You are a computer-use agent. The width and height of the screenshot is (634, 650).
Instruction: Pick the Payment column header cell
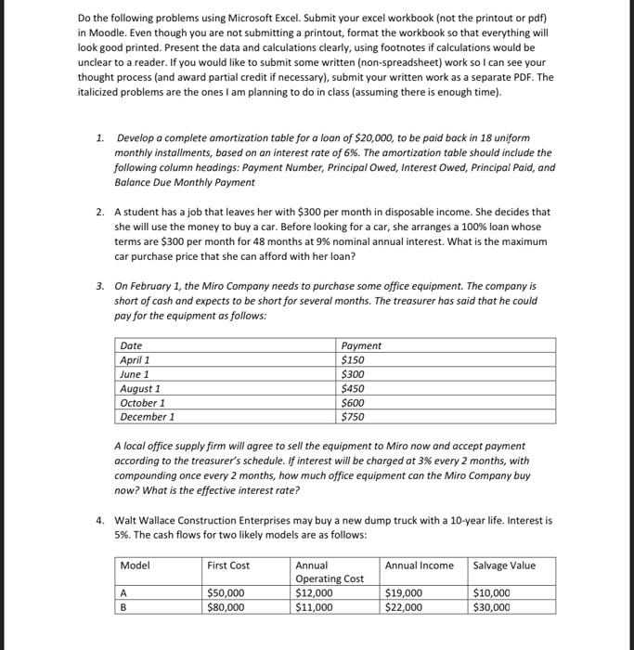click(x=361, y=345)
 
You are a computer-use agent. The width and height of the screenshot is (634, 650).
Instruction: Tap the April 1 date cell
click(x=136, y=359)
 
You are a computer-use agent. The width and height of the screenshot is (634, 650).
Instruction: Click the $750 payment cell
click(x=353, y=417)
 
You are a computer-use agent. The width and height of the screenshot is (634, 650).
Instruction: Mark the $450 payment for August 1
click(x=353, y=388)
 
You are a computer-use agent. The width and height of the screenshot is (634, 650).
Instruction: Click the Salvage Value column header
click(x=505, y=565)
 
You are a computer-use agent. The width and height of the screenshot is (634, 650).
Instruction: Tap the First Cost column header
click(x=228, y=565)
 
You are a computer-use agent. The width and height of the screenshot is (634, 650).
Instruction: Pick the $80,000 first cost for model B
click(x=226, y=607)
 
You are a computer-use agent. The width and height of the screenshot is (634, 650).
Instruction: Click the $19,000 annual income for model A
click(x=404, y=592)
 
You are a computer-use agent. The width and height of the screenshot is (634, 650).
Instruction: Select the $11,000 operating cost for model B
click(x=315, y=607)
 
